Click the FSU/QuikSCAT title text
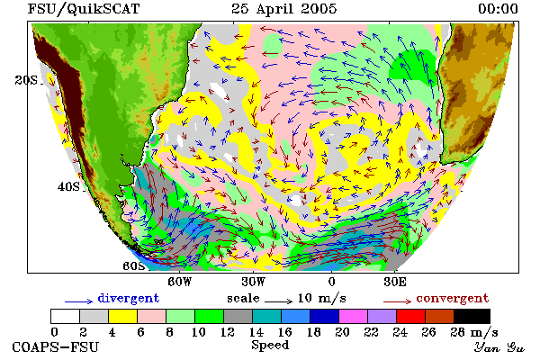click(x=84, y=9)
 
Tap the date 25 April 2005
click(x=283, y=9)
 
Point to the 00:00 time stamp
click(x=498, y=9)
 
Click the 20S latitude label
click(x=26, y=80)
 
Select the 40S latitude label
click(x=68, y=186)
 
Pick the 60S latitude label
click(x=134, y=266)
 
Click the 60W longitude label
click(x=179, y=282)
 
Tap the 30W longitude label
click(x=254, y=282)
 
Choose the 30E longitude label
click(x=395, y=282)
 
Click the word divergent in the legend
click(x=129, y=298)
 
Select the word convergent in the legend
click(x=452, y=298)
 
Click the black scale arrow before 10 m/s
click(x=279, y=301)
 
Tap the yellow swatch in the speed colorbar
click(x=122, y=316)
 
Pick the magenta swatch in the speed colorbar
click(x=353, y=316)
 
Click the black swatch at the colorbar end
click(x=472, y=316)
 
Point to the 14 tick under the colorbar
click(x=256, y=332)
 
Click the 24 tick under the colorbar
click(x=400, y=332)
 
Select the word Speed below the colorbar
click(x=270, y=346)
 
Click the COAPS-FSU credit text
click(x=56, y=347)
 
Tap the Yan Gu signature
click(x=499, y=347)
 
